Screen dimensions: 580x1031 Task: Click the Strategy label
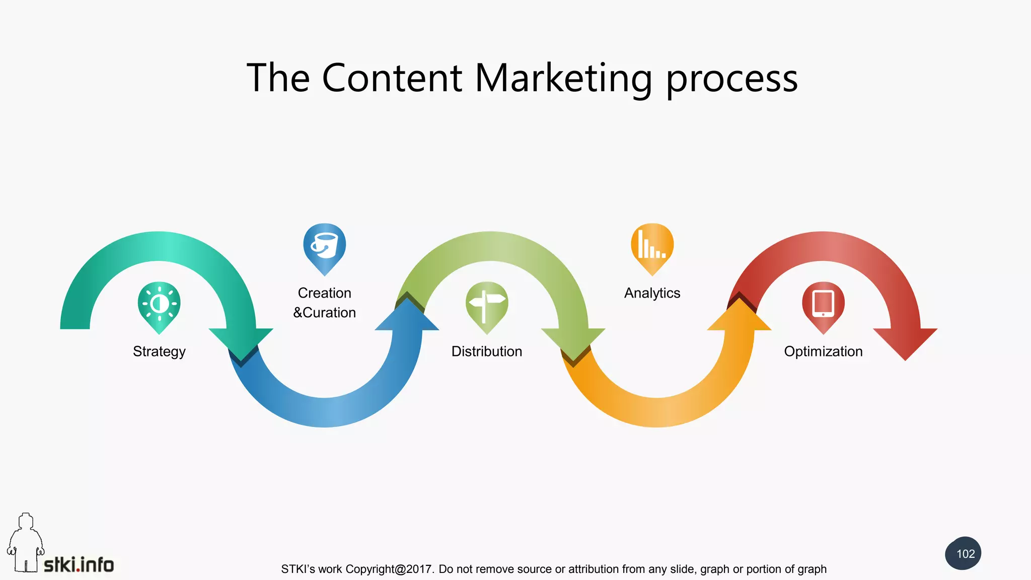click(159, 351)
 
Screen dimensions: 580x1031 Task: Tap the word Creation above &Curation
click(325, 293)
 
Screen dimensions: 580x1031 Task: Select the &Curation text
click(325, 313)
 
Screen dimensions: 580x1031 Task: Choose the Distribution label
click(487, 351)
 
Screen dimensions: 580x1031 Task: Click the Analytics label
click(652, 293)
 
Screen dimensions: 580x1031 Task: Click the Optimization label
click(823, 351)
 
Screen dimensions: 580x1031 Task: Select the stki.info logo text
click(79, 565)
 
